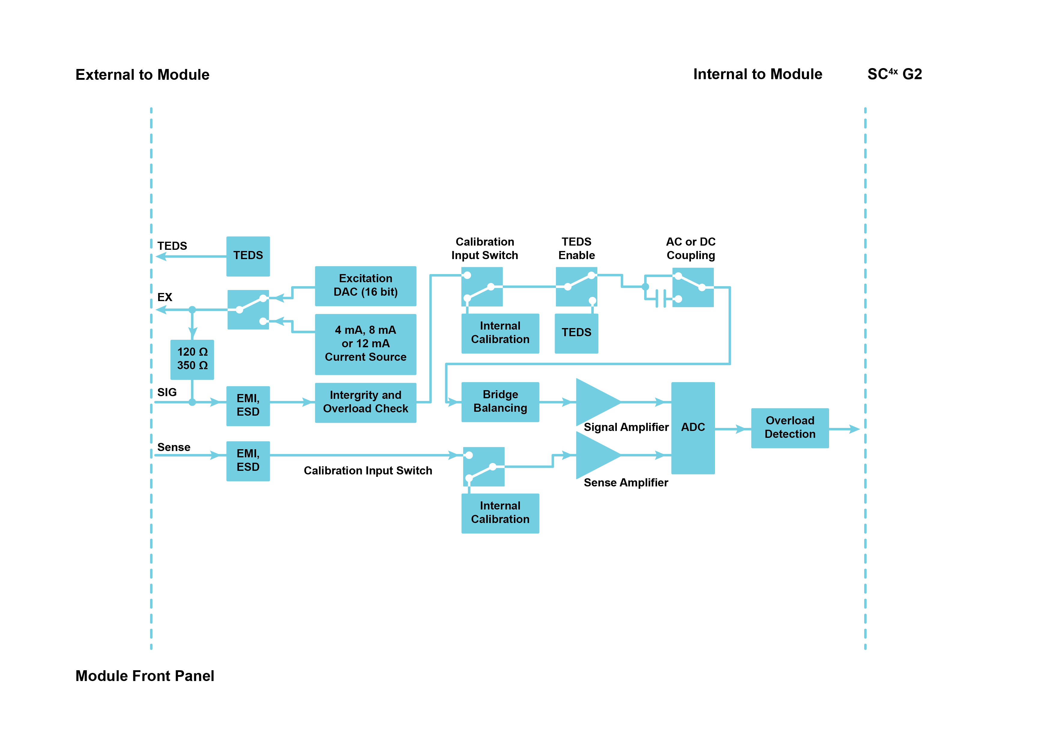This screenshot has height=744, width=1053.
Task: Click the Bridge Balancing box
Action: click(x=500, y=402)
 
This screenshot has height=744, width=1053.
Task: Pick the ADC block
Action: click(x=692, y=428)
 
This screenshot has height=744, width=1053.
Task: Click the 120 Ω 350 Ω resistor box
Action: click(x=192, y=359)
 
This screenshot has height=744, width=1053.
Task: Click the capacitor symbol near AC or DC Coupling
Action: click(x=661, y=299)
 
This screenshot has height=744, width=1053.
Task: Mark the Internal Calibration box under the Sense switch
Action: click(x=500, y=513)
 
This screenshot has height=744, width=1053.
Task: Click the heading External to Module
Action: click(x=142, y=75)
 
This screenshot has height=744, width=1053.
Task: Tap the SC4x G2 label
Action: click(x=894, y=74)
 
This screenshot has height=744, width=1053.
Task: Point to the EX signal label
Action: click(x=165, y=297)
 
